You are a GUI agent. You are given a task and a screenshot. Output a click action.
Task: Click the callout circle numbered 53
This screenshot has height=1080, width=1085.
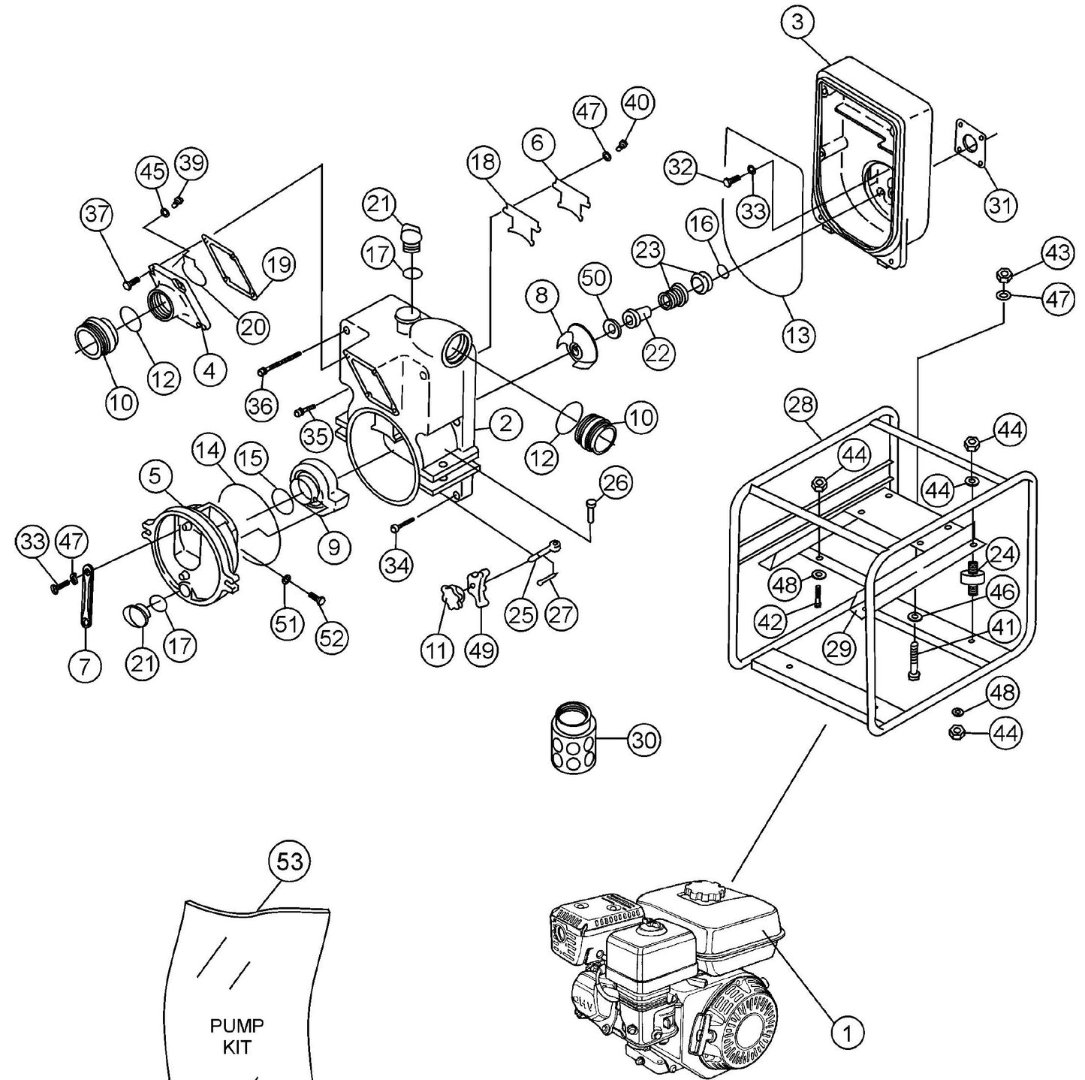click(290, 861)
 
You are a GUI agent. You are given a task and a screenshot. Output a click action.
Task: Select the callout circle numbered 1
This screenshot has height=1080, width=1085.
click(847, 1033)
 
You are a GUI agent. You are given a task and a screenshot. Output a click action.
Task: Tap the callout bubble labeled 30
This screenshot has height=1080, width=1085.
click(643, 740)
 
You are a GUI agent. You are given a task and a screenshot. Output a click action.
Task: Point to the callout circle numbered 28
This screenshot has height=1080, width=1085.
click(800, 405)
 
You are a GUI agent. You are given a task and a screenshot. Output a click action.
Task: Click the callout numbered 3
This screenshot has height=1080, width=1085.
click(797, 23)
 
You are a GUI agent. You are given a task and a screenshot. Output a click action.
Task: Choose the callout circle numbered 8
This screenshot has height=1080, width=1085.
click(541, 295)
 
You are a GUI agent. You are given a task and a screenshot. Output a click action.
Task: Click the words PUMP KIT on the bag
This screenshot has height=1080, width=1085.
click(237, 1036)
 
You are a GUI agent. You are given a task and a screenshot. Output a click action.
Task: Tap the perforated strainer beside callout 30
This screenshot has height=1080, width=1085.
click(574, 738)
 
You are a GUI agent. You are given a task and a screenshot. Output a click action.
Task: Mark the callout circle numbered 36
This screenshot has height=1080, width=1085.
click(261, 405)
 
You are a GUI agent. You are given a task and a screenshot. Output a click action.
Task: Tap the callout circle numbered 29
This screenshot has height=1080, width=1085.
click(839, 647)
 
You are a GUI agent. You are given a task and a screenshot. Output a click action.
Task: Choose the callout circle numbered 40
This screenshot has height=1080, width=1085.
click(637, 103)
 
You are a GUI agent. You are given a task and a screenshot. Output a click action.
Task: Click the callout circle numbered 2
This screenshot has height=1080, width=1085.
click(505, 424)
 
